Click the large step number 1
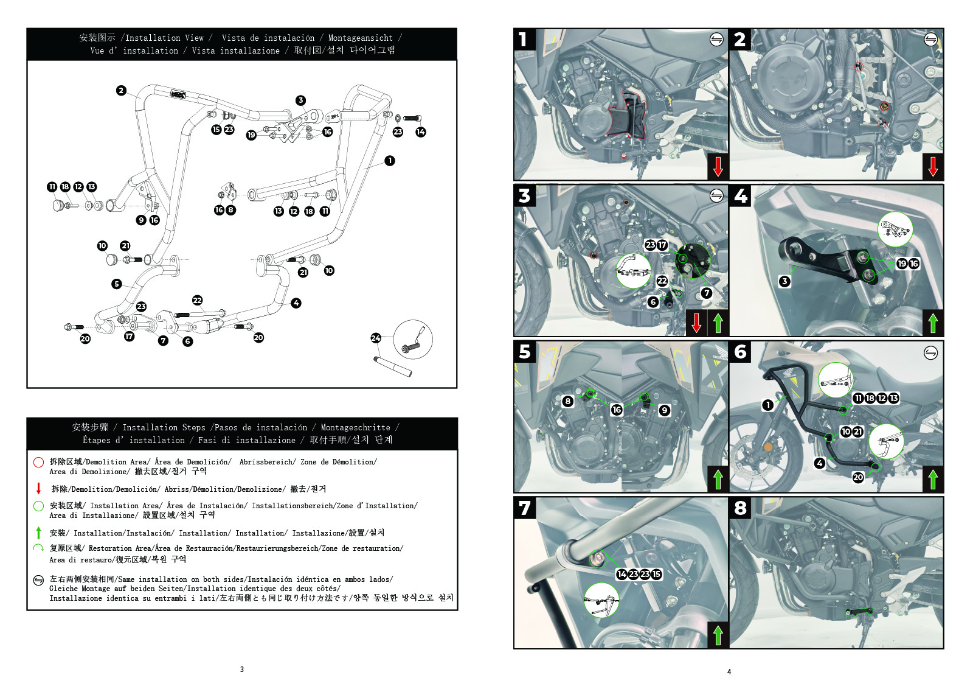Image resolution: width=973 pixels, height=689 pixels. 523,40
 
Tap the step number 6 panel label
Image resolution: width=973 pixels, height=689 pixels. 740,352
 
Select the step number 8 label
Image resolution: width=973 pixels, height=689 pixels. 740,508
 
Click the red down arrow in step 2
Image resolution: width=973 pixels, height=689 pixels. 933,166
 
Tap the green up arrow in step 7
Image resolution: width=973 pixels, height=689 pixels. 718,634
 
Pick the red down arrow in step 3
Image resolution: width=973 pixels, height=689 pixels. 697,323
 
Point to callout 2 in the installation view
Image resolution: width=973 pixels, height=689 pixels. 121,91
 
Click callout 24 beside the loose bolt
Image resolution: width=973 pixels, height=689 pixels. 376,338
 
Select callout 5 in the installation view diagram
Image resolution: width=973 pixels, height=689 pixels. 117,284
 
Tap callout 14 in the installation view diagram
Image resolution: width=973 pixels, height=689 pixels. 421,131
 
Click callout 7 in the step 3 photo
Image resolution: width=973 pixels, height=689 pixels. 706,293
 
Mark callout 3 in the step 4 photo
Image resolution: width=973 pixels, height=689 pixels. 785,281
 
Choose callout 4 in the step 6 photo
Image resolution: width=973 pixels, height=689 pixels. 820,463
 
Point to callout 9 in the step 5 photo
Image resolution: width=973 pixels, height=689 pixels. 665,410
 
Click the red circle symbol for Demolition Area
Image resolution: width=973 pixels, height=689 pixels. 38,462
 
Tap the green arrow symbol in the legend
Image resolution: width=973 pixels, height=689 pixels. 38,533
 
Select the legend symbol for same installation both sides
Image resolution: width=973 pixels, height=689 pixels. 38,580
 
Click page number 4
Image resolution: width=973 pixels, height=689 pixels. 729,672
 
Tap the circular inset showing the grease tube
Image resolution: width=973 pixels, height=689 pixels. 413,339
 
